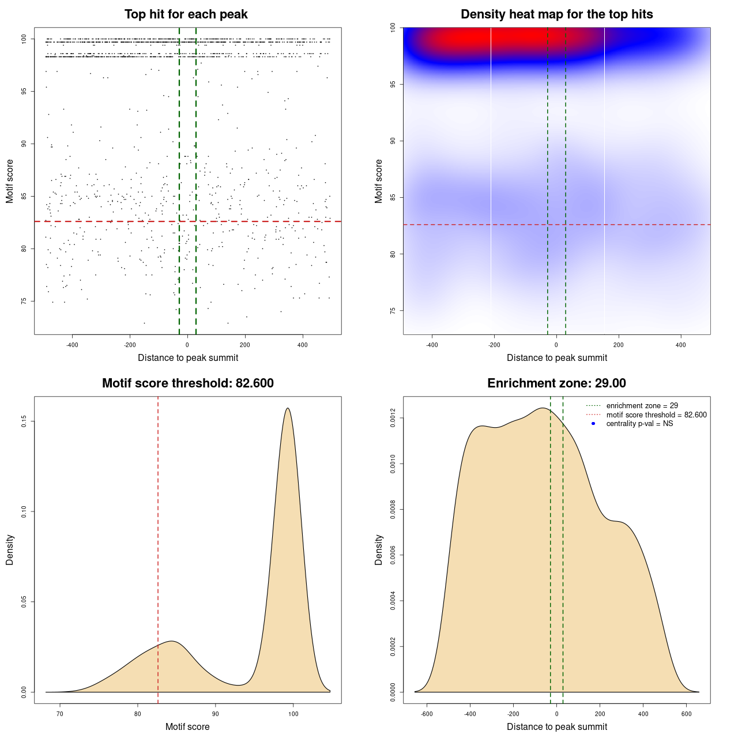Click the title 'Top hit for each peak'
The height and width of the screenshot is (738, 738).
click(186, 14)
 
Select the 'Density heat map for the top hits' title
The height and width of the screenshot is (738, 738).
click(556, 14)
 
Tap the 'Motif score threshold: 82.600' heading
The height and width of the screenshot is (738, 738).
click(187, 383)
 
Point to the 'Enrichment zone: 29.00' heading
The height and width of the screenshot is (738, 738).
click(556, 383)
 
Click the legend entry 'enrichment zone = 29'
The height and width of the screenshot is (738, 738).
click(642, 406)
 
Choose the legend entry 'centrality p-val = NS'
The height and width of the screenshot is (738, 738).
click(639, 424)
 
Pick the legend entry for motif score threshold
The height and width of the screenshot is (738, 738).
click(656, 415)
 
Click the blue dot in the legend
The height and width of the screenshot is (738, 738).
click(593, 424)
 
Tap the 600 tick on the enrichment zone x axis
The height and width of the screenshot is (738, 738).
click(686, 714)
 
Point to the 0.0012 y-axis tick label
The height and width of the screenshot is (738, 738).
click(393, 418)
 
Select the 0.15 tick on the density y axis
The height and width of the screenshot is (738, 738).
click(24, 421)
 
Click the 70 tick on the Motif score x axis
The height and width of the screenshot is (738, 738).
click(60, 714)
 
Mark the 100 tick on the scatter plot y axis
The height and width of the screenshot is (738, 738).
click(24, 39)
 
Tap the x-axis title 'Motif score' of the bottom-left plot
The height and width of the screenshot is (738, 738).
click(187, 726)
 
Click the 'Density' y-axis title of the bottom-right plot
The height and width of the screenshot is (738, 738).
click(379, 549)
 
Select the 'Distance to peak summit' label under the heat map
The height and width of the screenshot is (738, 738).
click(556, 357)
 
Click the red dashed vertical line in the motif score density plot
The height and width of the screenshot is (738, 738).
click(158, 548)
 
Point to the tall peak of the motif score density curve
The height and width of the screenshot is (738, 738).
click(287, 409)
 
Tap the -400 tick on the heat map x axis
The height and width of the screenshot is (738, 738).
click(432, 345)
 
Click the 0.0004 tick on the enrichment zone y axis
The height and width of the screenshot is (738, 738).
click(393, 601)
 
